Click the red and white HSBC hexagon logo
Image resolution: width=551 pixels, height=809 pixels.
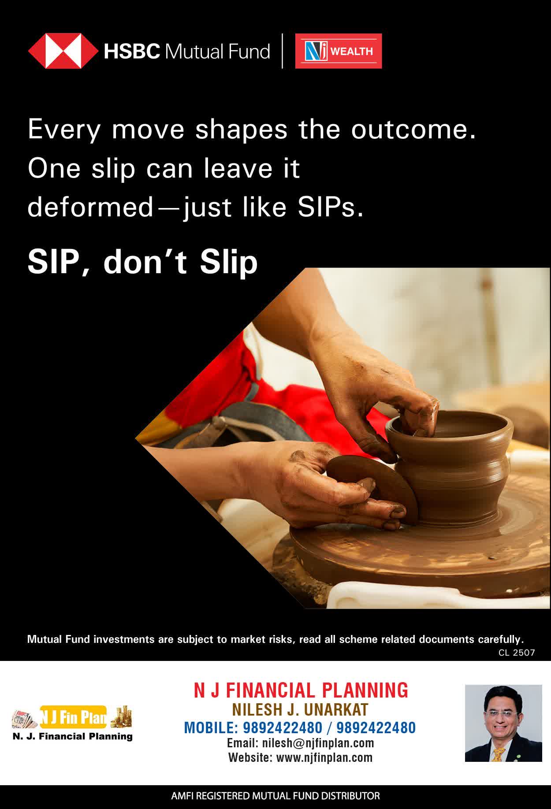pos(63,51)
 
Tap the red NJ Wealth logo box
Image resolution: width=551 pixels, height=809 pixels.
pos(339,51)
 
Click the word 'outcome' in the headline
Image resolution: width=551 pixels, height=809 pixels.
pos(413,130)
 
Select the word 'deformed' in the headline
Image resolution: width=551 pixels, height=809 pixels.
pos(90,207)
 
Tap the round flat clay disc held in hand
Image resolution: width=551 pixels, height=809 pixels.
pos(372,487)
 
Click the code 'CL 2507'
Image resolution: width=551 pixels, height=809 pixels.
pos(517,653)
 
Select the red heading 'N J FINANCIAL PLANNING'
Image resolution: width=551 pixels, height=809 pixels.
pos(301,690)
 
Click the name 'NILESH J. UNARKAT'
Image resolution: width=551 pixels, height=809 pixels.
pos(301,709)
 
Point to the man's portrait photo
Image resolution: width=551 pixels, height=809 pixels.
pos(503,723)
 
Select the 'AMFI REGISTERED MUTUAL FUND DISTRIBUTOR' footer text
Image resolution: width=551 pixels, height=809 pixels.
pos(275,796)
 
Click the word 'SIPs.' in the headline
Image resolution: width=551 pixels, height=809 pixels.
pos(331,207)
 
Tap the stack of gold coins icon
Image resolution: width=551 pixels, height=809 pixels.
pos(121,717)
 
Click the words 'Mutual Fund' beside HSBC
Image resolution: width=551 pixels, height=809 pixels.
pos(217,52)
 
